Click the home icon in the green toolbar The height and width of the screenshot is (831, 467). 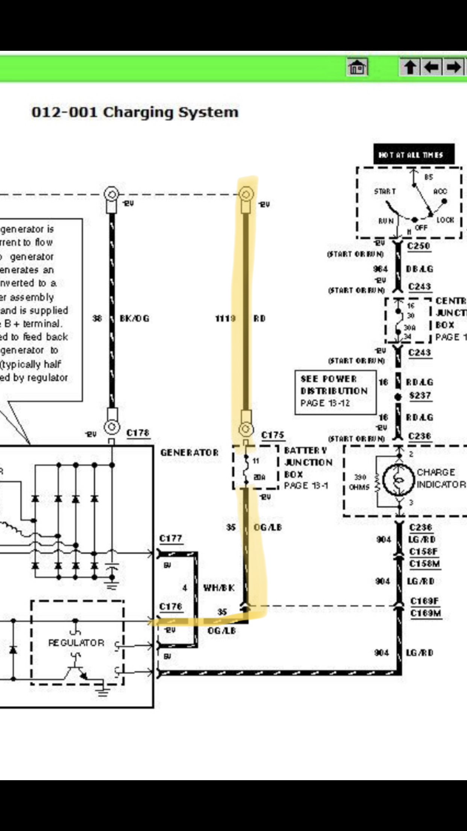point(357,68)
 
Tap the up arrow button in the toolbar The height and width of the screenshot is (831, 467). point(410,67)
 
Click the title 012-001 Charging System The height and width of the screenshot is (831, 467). point(135,112)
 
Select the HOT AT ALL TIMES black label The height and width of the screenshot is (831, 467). point(413,154)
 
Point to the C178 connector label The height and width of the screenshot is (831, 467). point(138,433)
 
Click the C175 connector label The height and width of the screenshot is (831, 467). point(273,435)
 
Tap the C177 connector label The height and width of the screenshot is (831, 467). point(171,538)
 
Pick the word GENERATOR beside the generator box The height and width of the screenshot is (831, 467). point(189,452)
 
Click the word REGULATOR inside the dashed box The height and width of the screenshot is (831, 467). point(76,642)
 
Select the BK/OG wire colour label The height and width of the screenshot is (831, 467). point(134,318)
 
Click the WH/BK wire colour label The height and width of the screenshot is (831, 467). point(219,588)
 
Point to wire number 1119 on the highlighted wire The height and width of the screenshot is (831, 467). point(225,318)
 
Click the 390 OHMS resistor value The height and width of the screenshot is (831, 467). point(360,482)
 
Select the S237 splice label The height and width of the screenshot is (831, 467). point(420,396)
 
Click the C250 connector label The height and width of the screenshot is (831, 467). point(418,246)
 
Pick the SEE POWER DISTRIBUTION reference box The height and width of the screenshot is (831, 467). point(335,391)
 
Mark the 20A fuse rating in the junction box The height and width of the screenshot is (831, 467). point(259,477)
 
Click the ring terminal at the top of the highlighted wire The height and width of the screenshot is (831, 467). point(246,195)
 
